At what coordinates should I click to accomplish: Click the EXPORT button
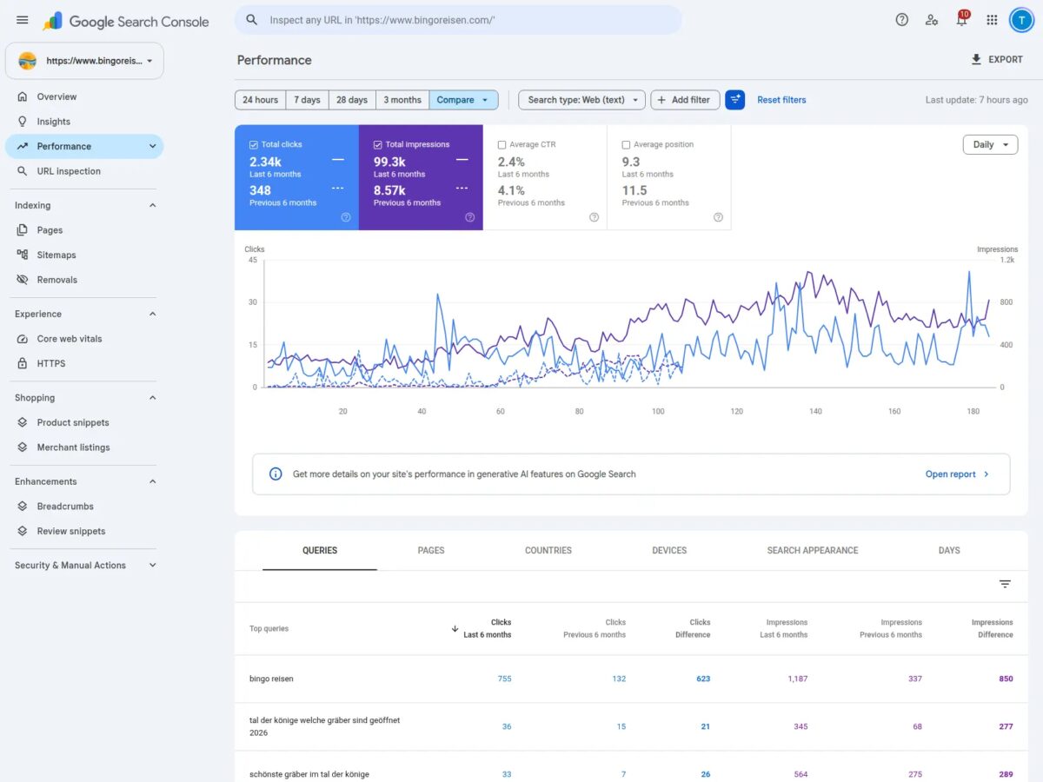pos(997,59)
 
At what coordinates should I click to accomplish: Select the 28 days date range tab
pos(352,100)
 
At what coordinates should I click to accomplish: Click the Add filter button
pos(685,100)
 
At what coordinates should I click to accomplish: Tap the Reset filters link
pos(781,100)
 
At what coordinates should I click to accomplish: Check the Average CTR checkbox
pos(502,145)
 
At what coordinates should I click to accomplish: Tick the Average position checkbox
pos(626,145)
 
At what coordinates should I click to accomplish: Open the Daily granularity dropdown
pos(990,144)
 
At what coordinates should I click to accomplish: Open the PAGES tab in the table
pos(431,550)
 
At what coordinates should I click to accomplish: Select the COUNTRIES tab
pos(548,550)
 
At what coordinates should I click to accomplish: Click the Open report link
pos(957,474)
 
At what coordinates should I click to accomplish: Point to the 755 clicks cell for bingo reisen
pos(504,679)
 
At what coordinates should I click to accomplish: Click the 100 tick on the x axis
pos(658,411)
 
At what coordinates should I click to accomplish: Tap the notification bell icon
pos(961,20)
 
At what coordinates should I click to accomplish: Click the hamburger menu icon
pos(23,20)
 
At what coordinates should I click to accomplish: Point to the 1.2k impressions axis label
pos(1006,260)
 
